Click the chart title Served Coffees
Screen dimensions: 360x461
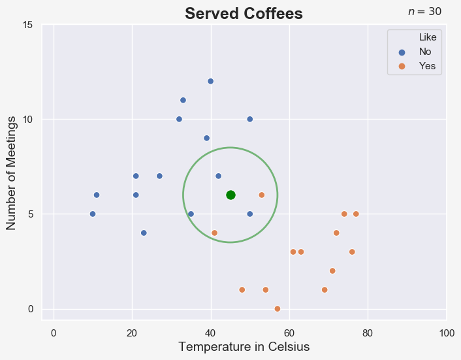point(244,14)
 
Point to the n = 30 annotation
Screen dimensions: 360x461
point(424,12)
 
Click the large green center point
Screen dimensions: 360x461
point(230,195)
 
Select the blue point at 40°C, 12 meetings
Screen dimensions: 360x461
point(210,81)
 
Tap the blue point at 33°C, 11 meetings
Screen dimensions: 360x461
point(183,100)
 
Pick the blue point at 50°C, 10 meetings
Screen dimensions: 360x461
point(250,119)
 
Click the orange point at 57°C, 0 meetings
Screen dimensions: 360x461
point(278,308)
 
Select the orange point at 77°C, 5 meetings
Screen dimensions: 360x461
point(356,214)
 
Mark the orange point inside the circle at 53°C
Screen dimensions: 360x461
point(262,195)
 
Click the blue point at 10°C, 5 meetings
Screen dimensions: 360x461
point(93,214)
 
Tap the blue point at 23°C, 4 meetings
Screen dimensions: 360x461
point(144,233)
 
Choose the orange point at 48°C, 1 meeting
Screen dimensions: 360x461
point(242,289)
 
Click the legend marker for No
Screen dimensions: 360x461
point(402,52)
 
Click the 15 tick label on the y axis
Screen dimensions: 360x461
point(28,25)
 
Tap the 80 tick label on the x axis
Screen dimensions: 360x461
point(368,333)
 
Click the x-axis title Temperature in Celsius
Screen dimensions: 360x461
point(244,347)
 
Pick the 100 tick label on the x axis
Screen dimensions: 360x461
point(446,333)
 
